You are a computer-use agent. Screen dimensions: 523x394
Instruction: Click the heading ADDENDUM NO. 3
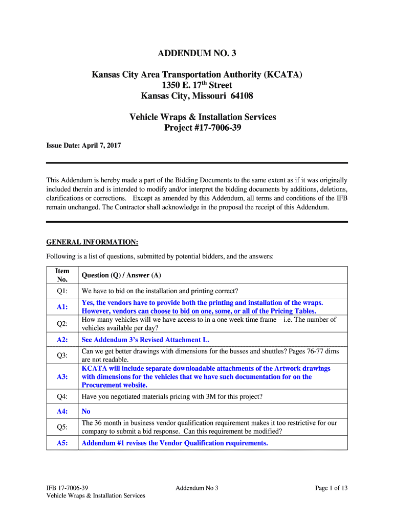coord(197,53)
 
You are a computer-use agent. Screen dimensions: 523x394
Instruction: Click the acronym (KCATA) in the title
coord(283,75)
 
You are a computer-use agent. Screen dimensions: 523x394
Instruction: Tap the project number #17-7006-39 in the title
coord(211,127)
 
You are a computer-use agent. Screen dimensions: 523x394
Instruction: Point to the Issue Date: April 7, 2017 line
coord(83,146)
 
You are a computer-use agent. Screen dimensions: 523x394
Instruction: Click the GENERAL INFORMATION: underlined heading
coord(92,242)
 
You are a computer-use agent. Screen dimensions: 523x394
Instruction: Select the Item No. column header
coord(62,275)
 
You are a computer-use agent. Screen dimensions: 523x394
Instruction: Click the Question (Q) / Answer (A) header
coord(121,275)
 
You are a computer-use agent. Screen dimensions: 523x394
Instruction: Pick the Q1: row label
coord(62,291)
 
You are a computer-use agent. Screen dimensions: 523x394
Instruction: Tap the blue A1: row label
coord(62,307)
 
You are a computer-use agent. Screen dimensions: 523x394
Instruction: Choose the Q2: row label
coord(62,324)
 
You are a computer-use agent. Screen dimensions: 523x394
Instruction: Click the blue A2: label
coord(62,340)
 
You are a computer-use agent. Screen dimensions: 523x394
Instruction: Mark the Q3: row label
coord(62,355)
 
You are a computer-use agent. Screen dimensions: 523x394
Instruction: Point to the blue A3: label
coord(62,377)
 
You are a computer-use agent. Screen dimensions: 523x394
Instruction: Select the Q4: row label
coord(62,396)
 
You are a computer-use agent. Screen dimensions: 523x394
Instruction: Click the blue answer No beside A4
coord(86,411)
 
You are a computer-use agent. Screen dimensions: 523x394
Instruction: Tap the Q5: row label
coord(62,427)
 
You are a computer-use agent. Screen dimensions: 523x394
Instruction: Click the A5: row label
coord(62,443)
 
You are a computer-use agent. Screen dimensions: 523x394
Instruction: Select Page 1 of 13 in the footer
coord(331,488)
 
